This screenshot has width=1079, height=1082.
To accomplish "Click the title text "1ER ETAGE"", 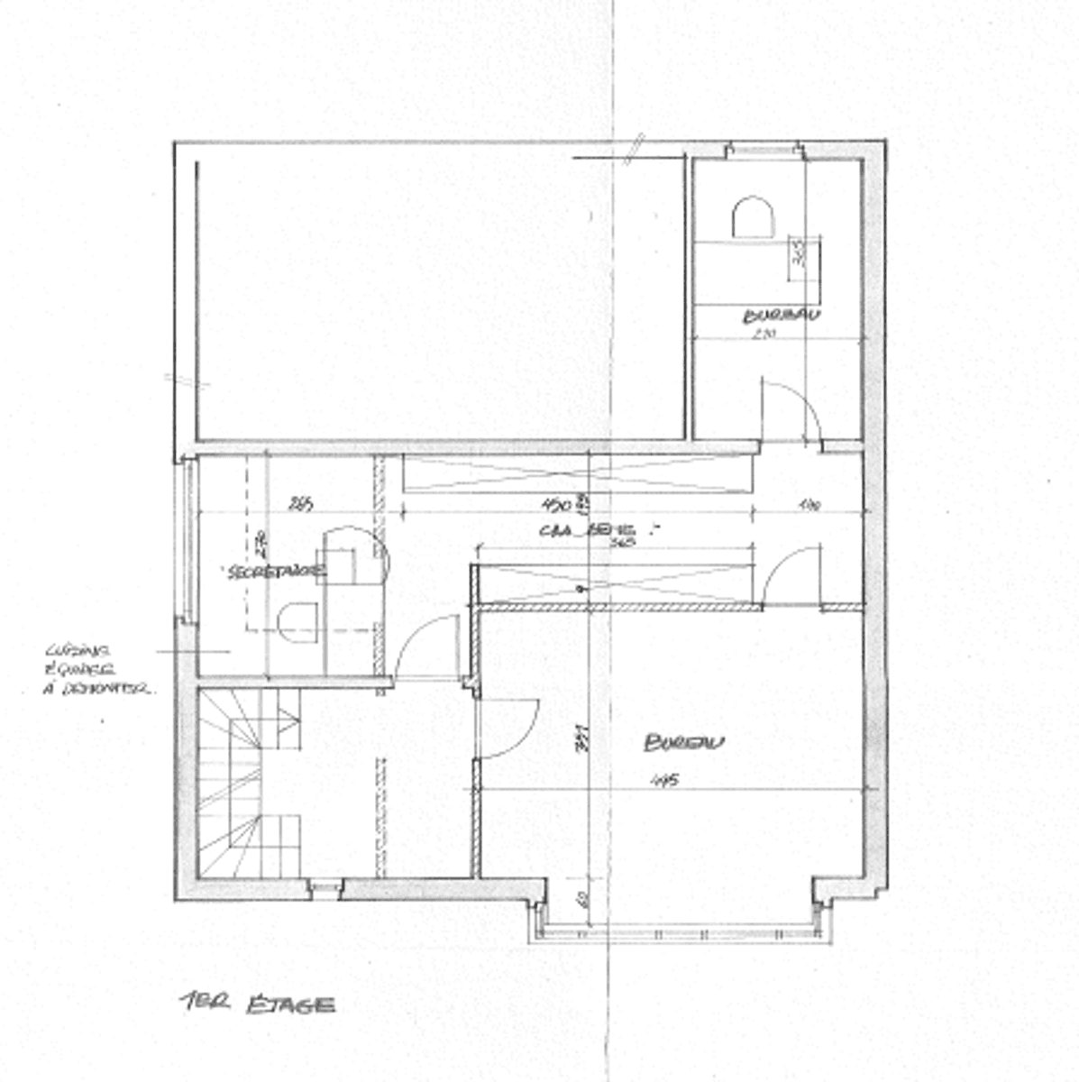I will pos(258,1004).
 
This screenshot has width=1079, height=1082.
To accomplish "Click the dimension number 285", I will pos(300,505).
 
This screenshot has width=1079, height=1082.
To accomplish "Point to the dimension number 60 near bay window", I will pos(583,899).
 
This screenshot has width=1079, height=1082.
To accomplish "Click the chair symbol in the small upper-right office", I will pos(753,218).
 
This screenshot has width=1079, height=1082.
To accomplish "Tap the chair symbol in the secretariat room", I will pos(297,622).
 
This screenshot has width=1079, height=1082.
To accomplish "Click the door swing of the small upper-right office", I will pos(790,410).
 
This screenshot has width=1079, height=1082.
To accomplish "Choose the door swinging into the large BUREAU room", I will pos(507,727).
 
